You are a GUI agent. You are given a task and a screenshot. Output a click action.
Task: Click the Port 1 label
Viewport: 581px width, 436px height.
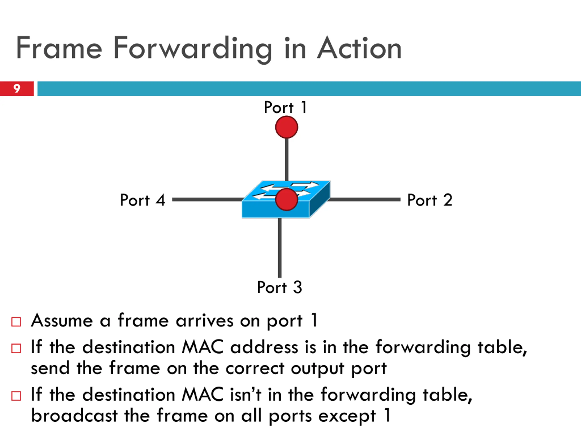click(x=285, y=107)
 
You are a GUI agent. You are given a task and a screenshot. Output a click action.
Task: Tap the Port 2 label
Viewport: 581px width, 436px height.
click(x=429, y=200)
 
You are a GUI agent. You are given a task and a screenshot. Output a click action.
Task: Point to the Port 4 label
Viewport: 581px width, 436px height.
click(x=142, y=200)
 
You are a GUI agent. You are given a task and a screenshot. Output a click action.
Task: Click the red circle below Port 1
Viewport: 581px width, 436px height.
click(x=287, y=127)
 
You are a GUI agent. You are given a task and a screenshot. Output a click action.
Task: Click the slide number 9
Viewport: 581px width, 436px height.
click(x=17, y=89)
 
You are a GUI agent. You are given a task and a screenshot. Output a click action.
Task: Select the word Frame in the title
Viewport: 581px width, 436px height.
click(x=59, y=48)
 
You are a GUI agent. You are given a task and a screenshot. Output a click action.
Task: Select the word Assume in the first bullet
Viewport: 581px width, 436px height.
click(x=62, y=321)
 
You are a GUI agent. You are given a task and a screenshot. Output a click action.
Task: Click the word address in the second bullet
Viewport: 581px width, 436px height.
click(x=264, y=347)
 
